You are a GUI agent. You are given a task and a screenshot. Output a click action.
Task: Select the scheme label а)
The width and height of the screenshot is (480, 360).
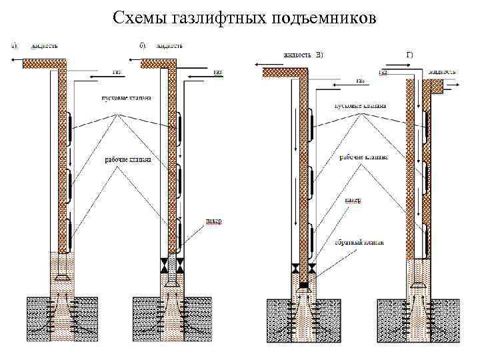click(13, 46)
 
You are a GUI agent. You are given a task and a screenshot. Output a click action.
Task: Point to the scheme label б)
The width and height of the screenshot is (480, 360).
click(143, 46)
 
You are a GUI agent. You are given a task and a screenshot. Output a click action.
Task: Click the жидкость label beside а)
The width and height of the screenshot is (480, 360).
click(42, 46)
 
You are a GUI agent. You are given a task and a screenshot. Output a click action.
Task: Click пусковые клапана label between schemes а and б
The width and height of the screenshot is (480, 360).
click(126, 98)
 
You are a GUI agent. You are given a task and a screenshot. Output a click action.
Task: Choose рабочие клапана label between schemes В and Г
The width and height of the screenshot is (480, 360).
click(363, 157)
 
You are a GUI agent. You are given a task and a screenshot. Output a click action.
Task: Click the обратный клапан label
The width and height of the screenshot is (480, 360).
click(359, 243)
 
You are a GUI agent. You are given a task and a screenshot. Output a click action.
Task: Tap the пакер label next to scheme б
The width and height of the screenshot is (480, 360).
click(213, 222)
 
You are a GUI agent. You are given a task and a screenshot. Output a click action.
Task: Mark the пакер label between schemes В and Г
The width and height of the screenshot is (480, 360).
click(353, 200)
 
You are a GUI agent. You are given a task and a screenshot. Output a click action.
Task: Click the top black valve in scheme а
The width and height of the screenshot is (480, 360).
click(68, 128)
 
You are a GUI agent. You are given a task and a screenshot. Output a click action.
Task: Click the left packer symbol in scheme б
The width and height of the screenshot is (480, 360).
click(163, 265)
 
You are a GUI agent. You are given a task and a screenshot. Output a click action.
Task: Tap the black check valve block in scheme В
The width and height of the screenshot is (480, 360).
click(303, 285)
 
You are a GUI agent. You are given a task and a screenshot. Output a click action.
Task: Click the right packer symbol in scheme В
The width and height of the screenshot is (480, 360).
click(313, 270)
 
